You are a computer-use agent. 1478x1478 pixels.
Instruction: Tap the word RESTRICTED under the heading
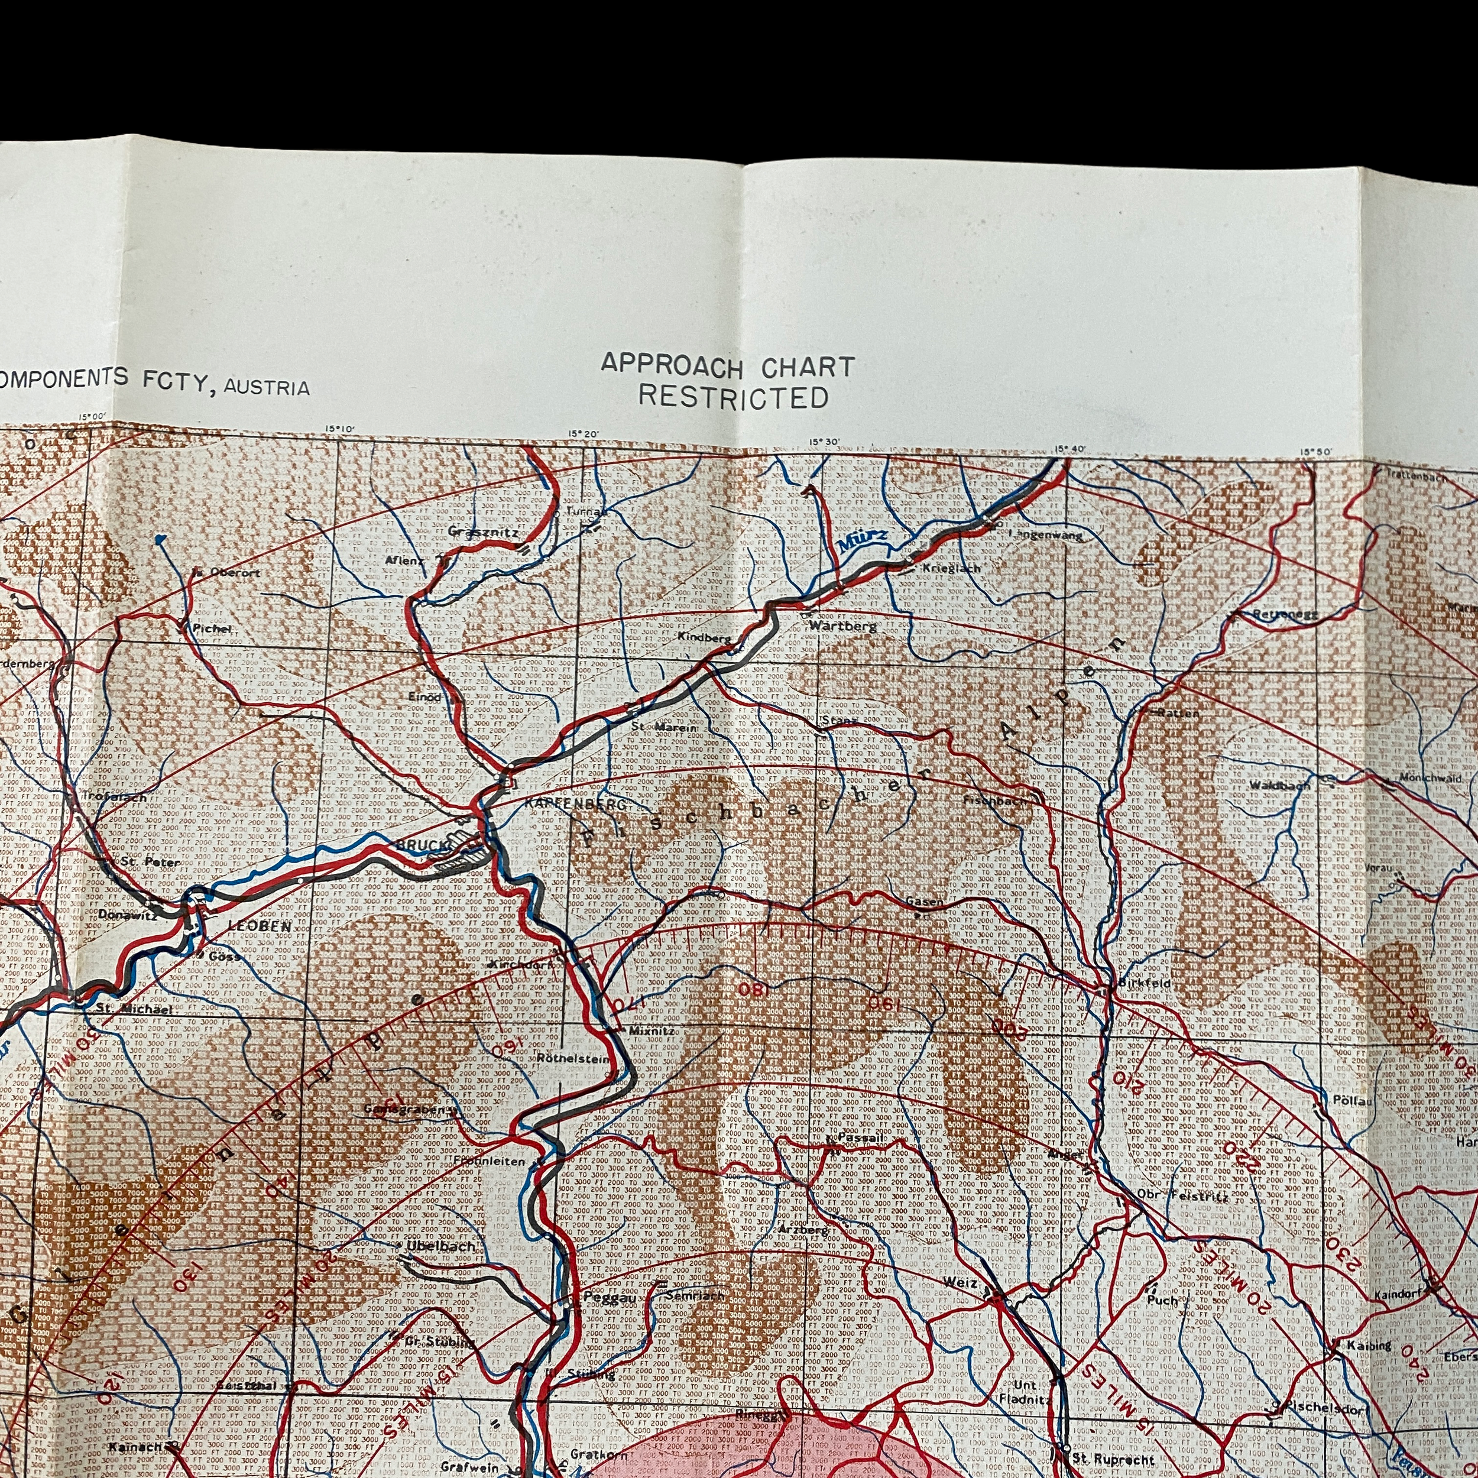point(734,398)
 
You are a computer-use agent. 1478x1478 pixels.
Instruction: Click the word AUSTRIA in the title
point(266,388)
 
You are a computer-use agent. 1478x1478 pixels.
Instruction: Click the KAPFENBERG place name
point(575,805)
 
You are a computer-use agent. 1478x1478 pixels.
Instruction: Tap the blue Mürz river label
point(862,542)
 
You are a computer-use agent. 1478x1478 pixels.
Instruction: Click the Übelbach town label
point(442,1246)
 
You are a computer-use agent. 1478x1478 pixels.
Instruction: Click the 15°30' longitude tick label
point(825,442)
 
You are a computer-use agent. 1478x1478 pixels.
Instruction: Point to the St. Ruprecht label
point(1113,1460)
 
